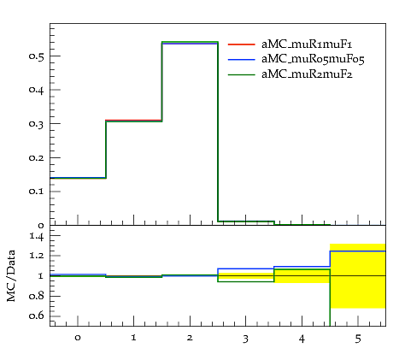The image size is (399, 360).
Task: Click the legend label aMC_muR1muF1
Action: click(307, 44)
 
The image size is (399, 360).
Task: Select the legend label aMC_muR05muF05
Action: click(313, 59)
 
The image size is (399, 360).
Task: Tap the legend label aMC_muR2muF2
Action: click(307, 74)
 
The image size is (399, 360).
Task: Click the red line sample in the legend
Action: click(242, 44)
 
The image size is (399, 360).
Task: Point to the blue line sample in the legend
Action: click(242, 59)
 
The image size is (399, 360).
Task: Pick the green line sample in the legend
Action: click(242, 74)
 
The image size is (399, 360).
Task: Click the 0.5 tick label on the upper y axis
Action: click(36, 56)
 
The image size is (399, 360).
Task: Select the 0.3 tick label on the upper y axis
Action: click(36, 124)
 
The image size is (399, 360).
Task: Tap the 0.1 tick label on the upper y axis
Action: click(36, 192)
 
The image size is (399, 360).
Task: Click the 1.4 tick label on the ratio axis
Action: click(37, 236)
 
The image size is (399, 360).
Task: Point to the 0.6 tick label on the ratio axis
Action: click(36, 316)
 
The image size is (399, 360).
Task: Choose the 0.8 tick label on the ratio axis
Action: click(36, 296)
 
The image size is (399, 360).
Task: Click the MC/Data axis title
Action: click(11, 275)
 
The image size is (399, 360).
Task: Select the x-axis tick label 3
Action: click(246, 339)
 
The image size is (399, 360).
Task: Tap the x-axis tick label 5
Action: click(358, 339)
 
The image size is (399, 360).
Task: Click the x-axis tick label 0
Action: click(78, 338)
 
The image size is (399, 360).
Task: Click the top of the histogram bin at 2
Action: click(190, 43)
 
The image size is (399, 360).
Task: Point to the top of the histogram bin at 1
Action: click(134, 121)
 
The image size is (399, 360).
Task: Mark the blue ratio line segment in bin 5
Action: click(358, 251)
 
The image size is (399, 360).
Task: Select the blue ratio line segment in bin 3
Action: click(246, 269)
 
